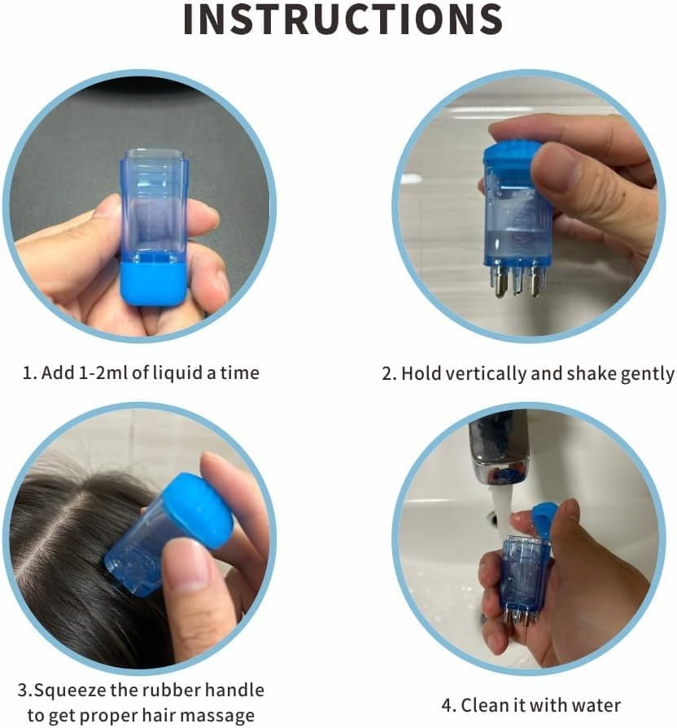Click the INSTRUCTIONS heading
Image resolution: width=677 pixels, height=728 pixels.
(x=343, y=20)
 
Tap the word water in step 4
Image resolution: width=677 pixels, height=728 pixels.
(x=596, y=704)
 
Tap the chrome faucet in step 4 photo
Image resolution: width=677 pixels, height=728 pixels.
(x=498, y=447)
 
